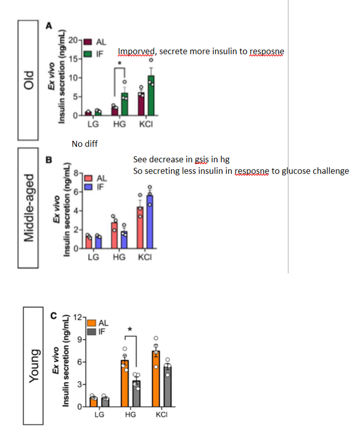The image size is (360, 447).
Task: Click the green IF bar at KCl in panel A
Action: point(151,95)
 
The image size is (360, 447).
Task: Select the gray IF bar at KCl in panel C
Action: point(167,386)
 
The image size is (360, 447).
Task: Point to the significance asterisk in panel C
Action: point(130,330)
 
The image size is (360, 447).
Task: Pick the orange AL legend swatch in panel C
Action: point(91,323)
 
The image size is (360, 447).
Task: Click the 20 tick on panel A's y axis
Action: point(74,40)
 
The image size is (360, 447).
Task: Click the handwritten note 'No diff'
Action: point(85,144)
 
